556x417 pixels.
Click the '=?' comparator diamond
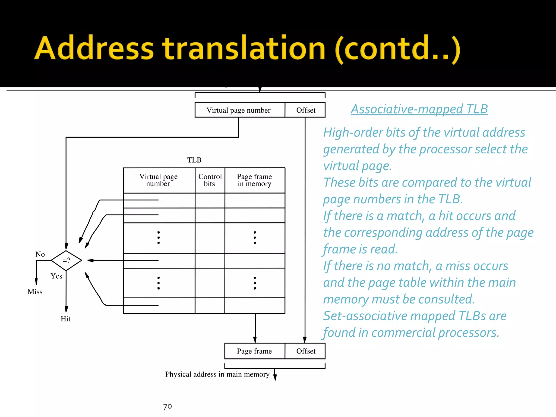click(x=67, y=260)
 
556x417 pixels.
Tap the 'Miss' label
click(x=35, y=292)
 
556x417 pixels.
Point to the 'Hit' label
click(x=65, y=319)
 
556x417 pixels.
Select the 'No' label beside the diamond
click(x=40, y=254)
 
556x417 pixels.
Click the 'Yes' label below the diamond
click(x=56, y=276)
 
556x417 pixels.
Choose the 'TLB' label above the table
click(x=194, y=160)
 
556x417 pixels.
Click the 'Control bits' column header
click(x=210, y=180)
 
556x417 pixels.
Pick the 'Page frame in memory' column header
click(x=254, y=180)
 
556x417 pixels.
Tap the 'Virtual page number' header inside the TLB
click(x=159, y=180)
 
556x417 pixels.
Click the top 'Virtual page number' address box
click(x=239, y=110)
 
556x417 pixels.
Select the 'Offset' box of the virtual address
click(x=306, y=110)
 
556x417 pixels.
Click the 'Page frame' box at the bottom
click(x=254, y=351)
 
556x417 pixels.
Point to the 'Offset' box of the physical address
click(x=306, y=351)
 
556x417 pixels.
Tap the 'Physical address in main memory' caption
click(x=217, y=374)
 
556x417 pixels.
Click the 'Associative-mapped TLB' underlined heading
click(x=419, y=109)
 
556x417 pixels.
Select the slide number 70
click(x=168, y=406)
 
